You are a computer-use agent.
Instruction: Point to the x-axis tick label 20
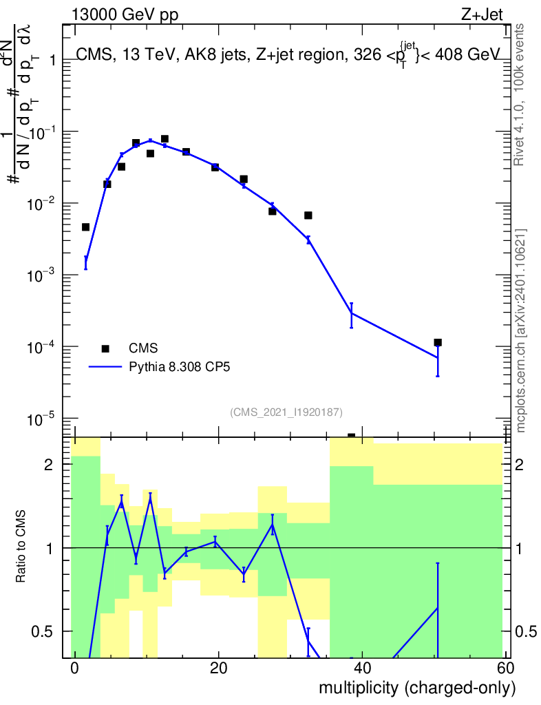tap(218, 669)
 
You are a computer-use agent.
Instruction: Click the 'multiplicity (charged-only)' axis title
tap(416, 688)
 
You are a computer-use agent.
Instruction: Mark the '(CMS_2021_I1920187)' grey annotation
tap(286, 412)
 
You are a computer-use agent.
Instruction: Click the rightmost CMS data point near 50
tap(438, 342)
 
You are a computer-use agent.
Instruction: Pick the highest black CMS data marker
tap(165, 139)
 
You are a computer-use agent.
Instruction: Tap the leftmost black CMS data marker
tap(85, 227)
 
